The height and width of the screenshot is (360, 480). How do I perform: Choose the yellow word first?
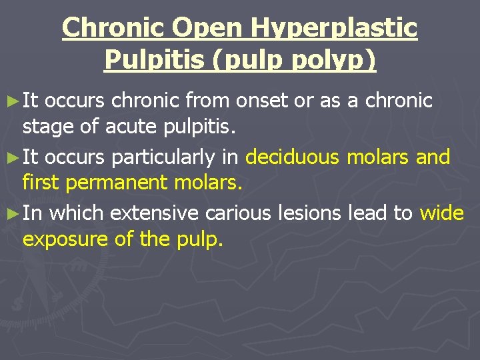click(x=41, y=181)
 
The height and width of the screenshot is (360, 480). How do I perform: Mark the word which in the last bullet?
click(x=77, y=214)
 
